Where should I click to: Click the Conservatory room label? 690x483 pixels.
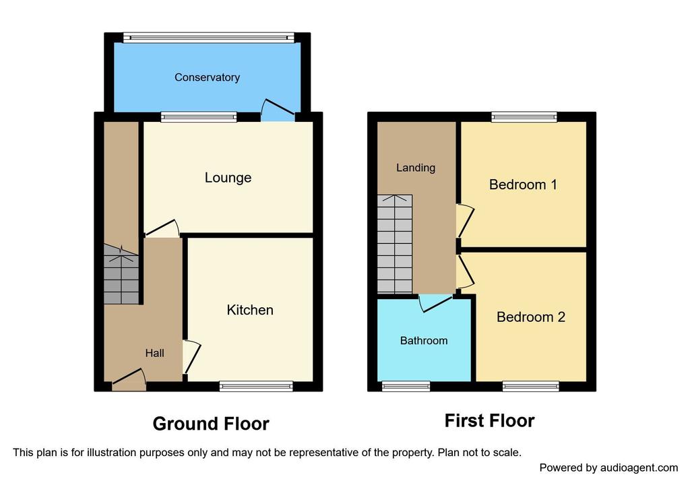pyautogui.click(x=207, y=77)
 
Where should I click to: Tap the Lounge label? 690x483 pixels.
pyautogui.click(x=228, y=178)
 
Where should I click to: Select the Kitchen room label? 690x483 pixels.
pyautogui.click(x=250, y=310)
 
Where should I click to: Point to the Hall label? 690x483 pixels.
pyautogui.click(x=154, y=352)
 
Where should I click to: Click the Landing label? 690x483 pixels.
pyautogui.click(x=415, y=168)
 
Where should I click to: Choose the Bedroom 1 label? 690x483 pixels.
pyautogui.click(x=523, y=185)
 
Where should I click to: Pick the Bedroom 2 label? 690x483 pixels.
pyautogui.click(x=530, y=317)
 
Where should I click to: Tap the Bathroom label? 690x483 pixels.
pyautogui.click(x=424, y=341)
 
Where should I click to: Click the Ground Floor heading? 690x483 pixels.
pyautogui.click(x=211, y=424)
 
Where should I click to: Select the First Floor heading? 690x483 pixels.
pyautogui.click(x=489, y=421)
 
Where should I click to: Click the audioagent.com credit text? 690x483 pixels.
pyautogui.click(x=608, y=468)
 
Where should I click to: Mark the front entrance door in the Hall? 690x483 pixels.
pyautogui.click(x=129, y=381)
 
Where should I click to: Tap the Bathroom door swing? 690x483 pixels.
pyautogui.click(x=435, y=302)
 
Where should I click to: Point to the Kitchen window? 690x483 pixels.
pyautogui.click(x=256, y=386)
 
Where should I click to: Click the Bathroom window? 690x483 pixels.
pyautogui.click(x=406, y=386)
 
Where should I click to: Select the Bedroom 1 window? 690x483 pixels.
pyautogui.click(x=524, y=117)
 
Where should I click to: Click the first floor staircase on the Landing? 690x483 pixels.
pyautogui.click(x=394, y=243)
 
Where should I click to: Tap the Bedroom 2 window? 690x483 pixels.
pyautogui.click(x=530, y=386)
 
